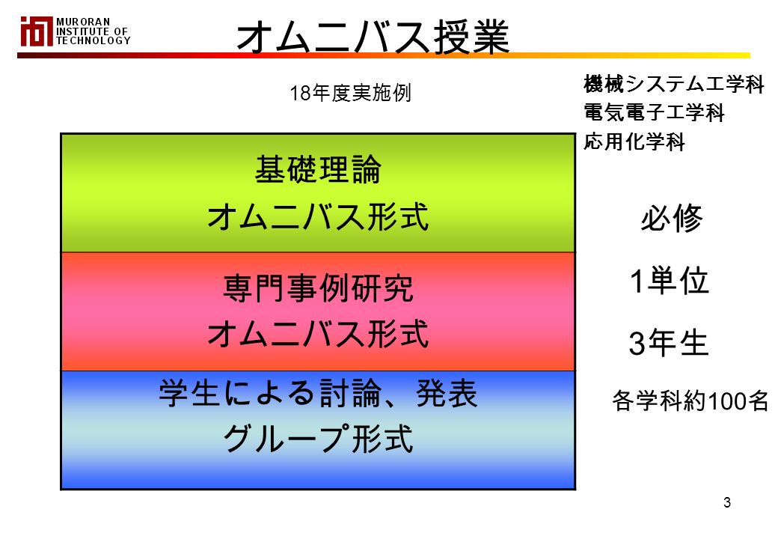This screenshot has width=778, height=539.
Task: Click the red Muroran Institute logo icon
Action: pos(36,31)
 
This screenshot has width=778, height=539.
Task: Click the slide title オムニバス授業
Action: pos(373,37)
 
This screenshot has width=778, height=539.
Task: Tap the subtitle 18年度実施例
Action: pos(350,93)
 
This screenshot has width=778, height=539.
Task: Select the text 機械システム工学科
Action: pos(673,84)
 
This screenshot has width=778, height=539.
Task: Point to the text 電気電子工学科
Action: pos(654,112)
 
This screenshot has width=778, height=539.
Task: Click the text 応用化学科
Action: pos(634,141)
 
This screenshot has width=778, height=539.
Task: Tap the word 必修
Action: pos(671,219)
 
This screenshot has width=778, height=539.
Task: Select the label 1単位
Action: pos(669,281)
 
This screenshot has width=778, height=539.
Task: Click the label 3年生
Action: pos(668,342)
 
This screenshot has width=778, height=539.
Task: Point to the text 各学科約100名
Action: pos(690,401)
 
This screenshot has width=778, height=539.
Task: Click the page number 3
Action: pos(727,503)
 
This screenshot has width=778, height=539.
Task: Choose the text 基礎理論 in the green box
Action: pos(318,169)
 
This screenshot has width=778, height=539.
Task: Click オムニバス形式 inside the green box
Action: pos(318,217)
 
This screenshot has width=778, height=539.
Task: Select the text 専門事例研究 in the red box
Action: pos(318,288)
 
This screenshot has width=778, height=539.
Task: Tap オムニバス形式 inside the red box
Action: pos(318,334)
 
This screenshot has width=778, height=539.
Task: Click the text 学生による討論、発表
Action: pos(318,393)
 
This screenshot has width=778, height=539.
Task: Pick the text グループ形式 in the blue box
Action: pos(318,439)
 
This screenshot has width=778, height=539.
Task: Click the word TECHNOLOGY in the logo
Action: pos(94,40)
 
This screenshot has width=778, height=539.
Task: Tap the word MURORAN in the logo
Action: pos(83,22)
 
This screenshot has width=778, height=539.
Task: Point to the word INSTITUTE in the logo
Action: pos(84,31)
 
